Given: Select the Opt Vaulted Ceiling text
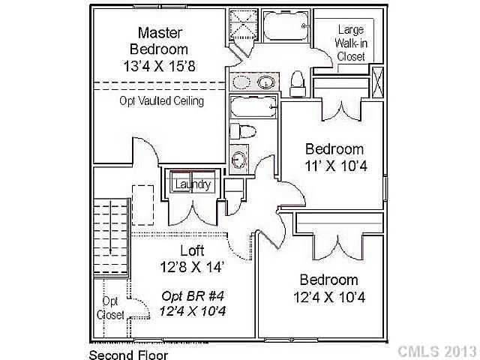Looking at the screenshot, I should point(162,100).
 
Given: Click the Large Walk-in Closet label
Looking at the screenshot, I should point(351,43).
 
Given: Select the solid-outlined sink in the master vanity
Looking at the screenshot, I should point(266,81).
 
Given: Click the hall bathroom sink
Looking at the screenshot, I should point(238,159).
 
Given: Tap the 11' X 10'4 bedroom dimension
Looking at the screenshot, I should point(334,166).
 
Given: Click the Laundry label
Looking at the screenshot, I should point(193,184).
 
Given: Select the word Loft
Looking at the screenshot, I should point(192,250).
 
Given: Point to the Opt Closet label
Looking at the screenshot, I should point(109,307).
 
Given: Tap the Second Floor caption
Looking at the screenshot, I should point(128,355).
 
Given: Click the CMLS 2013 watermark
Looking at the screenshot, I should point(436,351).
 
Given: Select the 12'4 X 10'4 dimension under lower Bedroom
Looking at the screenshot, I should point(329,297).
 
